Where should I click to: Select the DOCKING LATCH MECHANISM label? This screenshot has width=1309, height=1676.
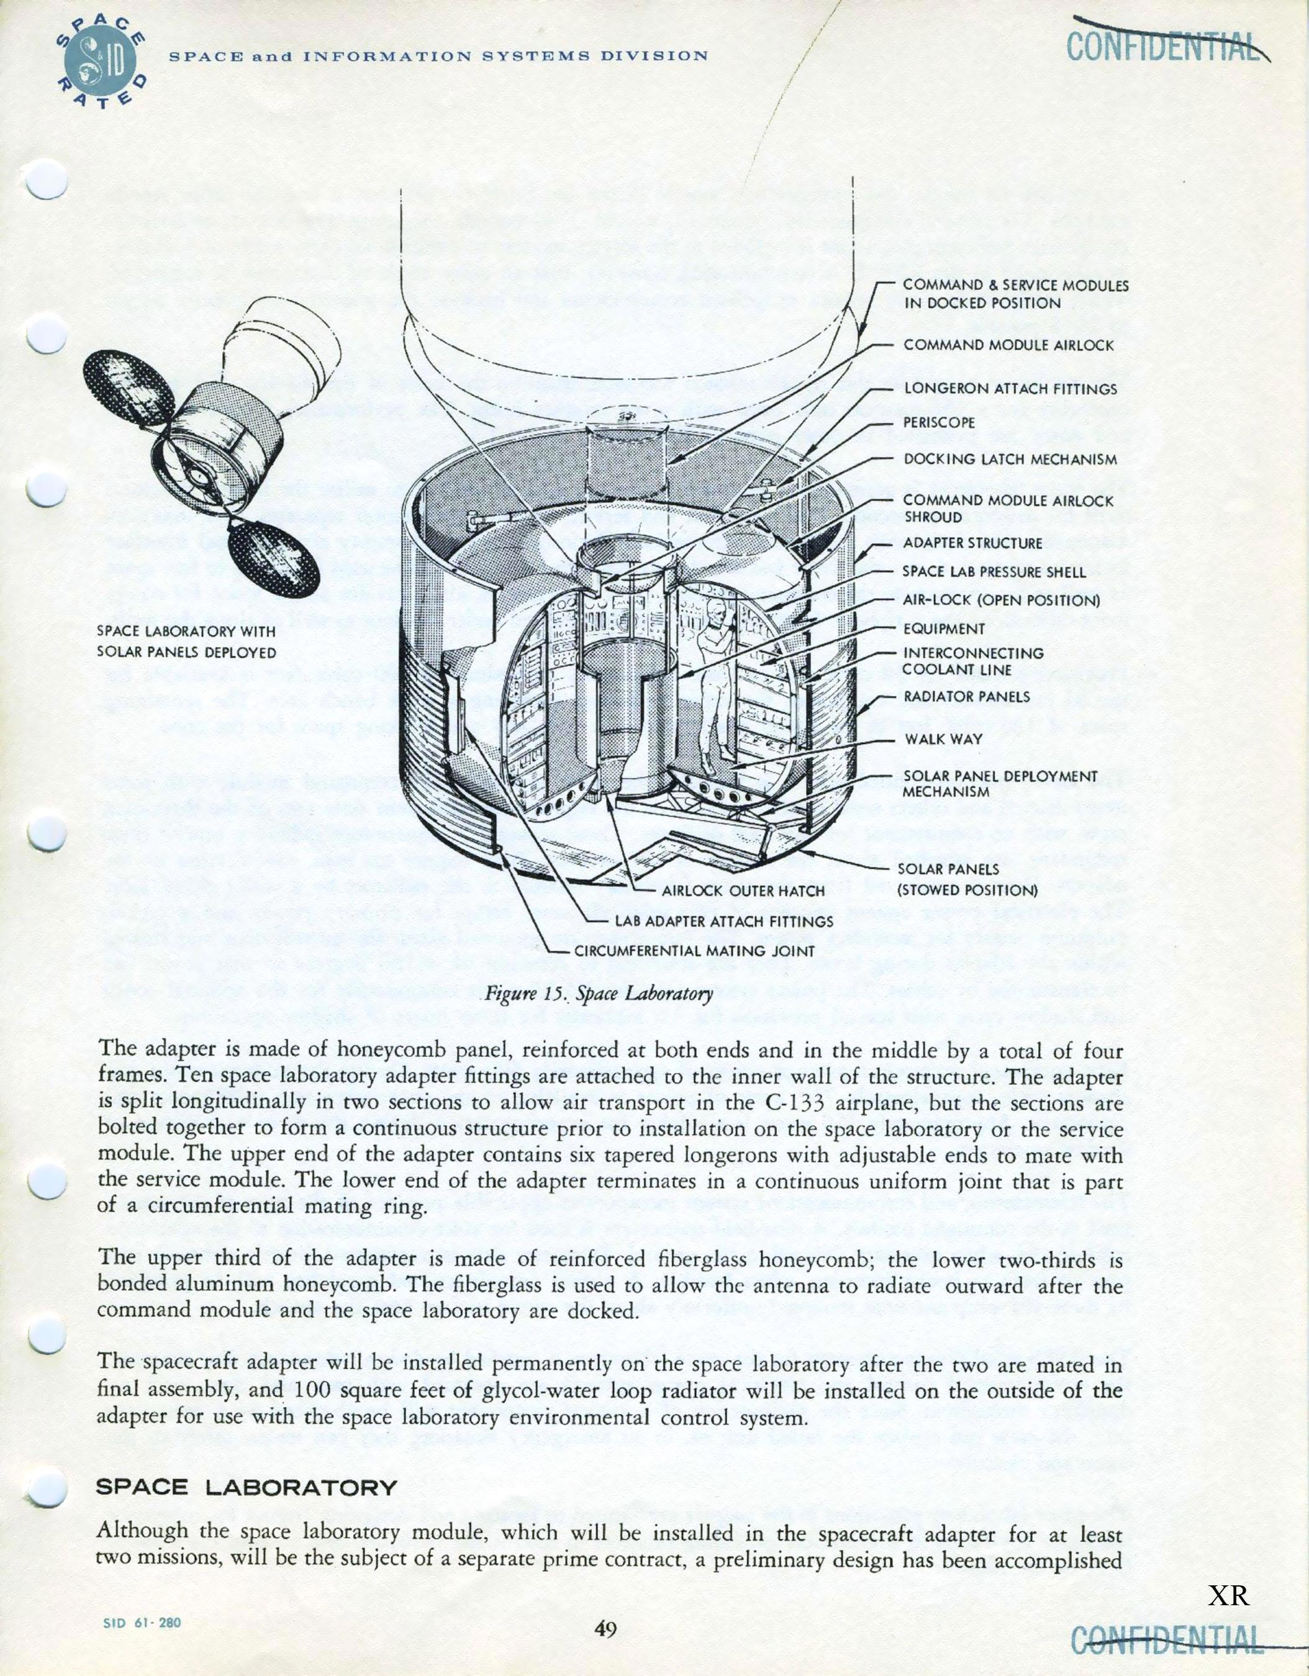[x=1010, y=459]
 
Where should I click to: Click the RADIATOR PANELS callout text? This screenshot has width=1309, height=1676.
[x=967, y=697]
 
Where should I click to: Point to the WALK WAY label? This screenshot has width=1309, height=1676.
[x=943, y=739]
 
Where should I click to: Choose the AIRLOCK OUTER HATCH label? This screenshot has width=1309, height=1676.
[x=743, y=891]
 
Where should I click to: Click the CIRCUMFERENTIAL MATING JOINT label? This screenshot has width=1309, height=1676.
[x=694, y=951]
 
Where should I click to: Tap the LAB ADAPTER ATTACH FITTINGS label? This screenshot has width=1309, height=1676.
[x=723, y=921]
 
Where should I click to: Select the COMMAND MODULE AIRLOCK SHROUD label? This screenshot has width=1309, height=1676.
[x=1007, y=509]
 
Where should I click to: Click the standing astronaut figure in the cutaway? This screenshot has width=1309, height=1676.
[x=717, y=676]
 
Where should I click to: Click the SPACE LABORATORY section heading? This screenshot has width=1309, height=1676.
[x=247, y=1488]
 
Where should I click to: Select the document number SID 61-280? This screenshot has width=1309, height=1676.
[x=143, y=1623]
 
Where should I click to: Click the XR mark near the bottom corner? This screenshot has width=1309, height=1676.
[x=1228, y=1595]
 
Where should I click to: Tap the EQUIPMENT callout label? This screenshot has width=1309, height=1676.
[x=944, y=629]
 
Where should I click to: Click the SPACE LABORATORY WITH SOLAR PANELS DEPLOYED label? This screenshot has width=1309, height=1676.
[x=186, y=641]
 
